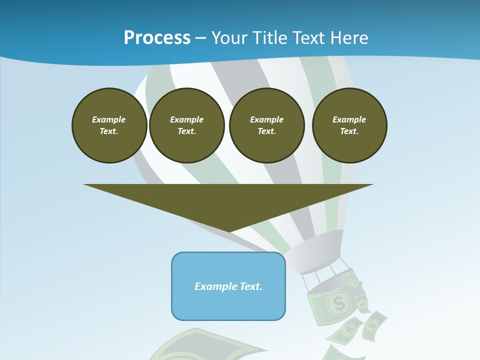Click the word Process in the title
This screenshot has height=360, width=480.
[157, 38]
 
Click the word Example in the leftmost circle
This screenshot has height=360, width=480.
[109, 119]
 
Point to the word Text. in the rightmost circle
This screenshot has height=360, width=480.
[349, 131]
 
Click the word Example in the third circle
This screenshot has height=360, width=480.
[266, 119]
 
